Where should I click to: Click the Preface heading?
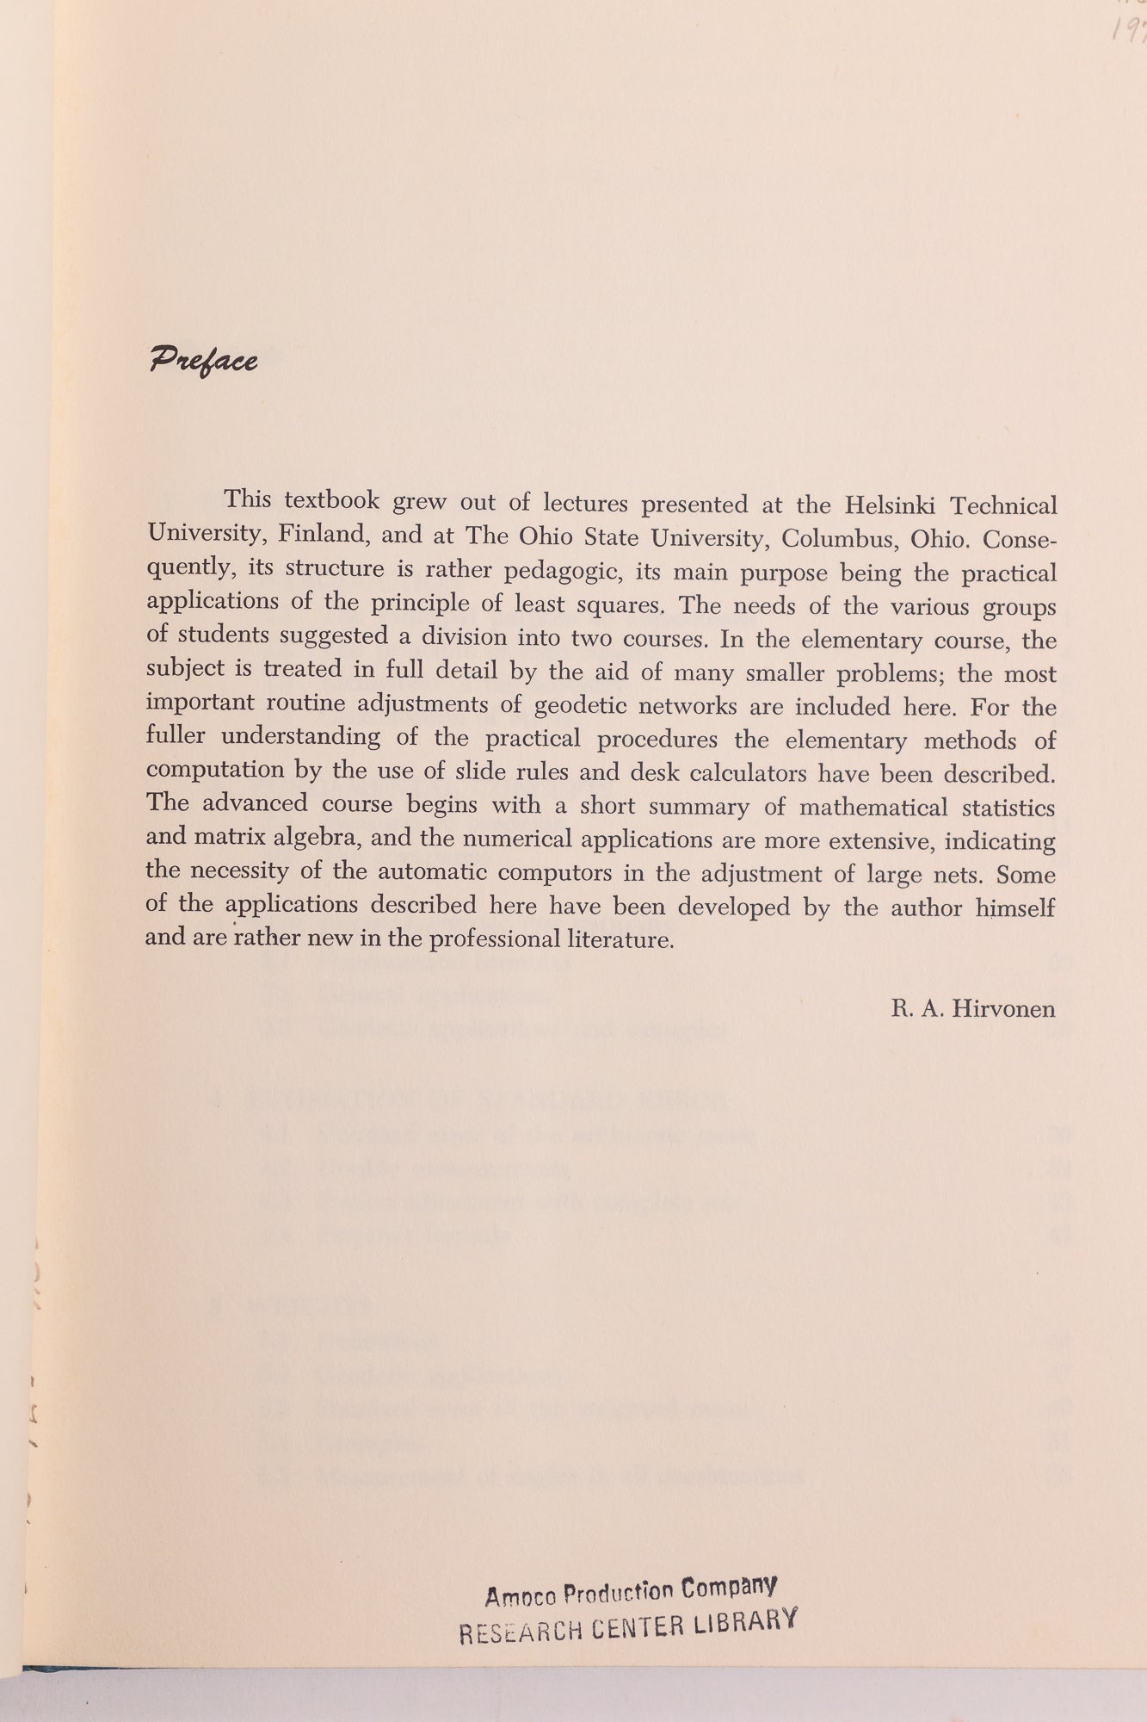click(x=204, y=360)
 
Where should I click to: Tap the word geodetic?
click(x=587, y=706)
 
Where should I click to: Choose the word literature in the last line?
click(x=622, y=939)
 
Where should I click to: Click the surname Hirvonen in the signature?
click(x=1002, y=1008)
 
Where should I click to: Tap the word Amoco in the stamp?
click(x=521, y=1596)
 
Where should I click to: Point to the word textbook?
click(x=332, y=500)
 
